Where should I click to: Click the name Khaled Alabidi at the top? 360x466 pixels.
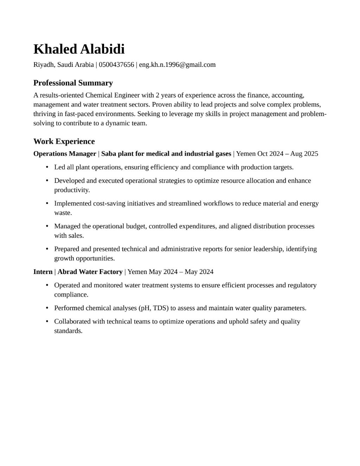(x=79, y=49)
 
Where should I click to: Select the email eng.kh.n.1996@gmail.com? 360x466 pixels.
(x=177, y=65)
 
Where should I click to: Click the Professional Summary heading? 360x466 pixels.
(x=73, y=83)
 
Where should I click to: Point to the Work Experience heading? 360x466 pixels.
(x=64, y=141)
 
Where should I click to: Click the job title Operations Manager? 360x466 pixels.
(x=65, y=154)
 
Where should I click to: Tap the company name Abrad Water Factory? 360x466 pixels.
(x=90, y=272)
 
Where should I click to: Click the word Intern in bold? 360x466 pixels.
(x=43, y=272)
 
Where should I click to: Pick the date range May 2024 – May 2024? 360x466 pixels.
(x=181, y=272)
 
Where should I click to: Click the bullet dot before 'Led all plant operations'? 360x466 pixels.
(x=47, y=167)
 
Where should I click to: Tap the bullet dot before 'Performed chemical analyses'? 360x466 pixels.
(x=47, y=308)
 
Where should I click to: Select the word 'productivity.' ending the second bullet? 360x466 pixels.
(x=72, y=190)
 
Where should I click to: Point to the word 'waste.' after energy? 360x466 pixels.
(x=63, y=213)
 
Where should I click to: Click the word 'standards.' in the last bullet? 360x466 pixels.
(x=68, y=331)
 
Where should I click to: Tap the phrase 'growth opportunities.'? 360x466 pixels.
(x=84, y=258)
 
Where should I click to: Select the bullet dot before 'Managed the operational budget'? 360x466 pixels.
(x=47, y=226)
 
